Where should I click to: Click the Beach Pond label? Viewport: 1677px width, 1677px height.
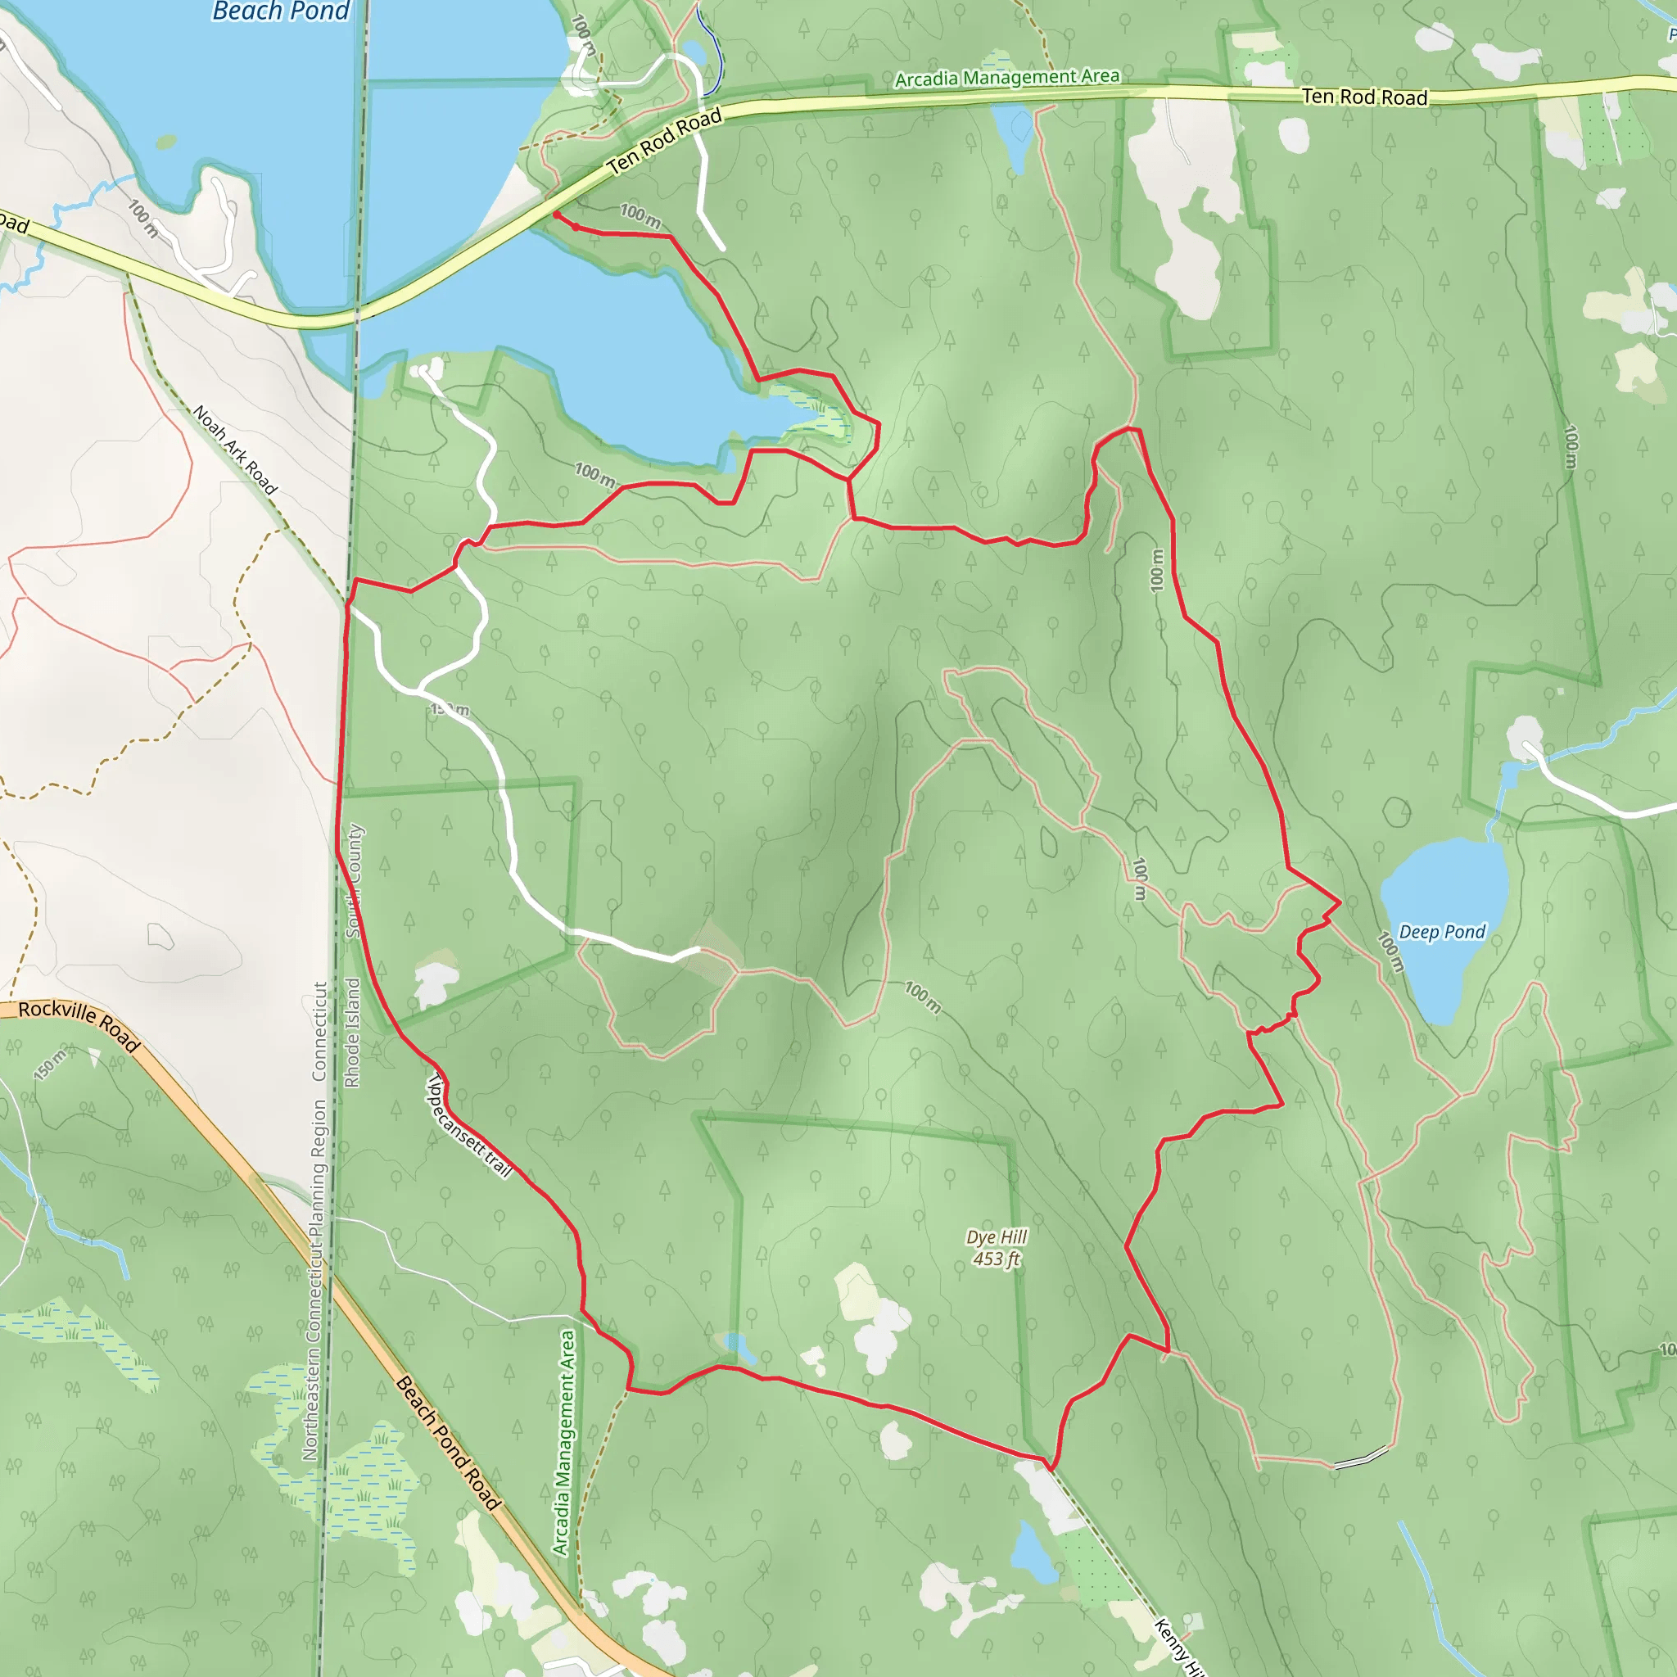(x=280, y=11)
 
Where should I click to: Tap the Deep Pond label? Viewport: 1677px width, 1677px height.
(x=1442, y=932)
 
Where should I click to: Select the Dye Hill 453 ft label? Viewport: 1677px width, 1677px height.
(x=997, y=1247)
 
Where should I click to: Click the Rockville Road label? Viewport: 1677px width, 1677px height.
(x=79, y=1024)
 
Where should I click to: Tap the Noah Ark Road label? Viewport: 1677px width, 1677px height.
(x=234, y=449)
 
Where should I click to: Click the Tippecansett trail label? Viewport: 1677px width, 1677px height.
(x=468, y=1125)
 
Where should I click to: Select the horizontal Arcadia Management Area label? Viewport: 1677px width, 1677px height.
(x=1007, y=78)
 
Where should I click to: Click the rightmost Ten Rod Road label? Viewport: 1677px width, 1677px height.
(x=1364, y=97)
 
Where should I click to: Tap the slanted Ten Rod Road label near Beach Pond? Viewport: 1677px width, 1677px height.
(x=665, y=141)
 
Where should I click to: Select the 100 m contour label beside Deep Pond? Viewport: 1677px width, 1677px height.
(x=1390, y=952)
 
